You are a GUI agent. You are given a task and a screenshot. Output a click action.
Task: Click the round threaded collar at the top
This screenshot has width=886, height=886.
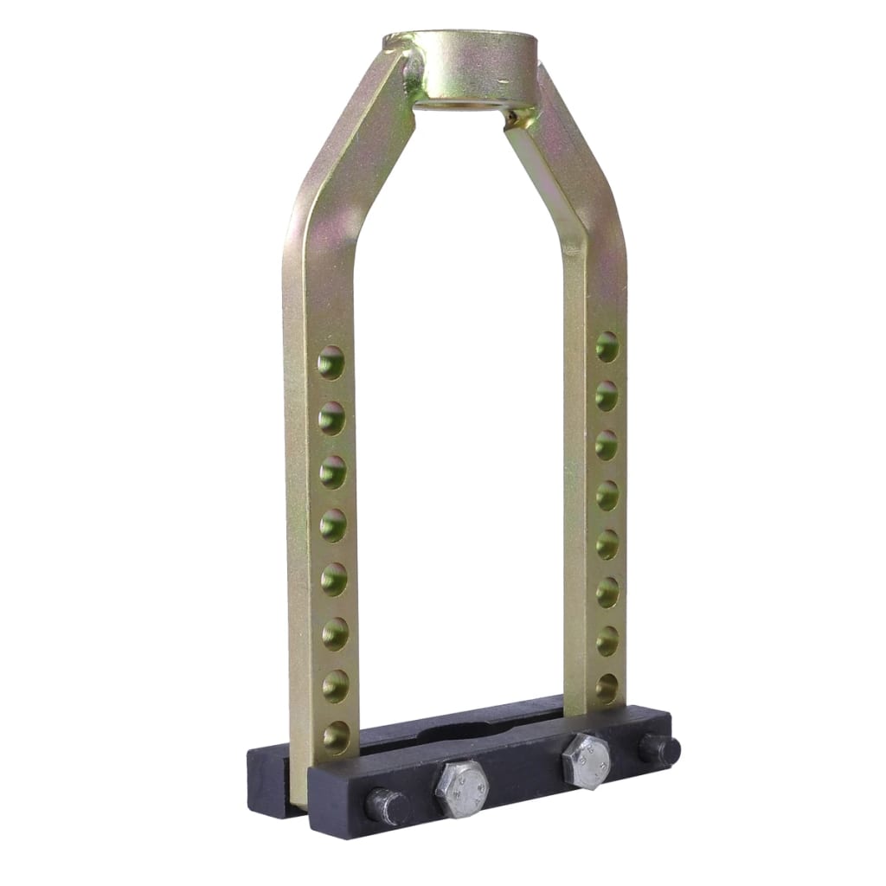point(463,65)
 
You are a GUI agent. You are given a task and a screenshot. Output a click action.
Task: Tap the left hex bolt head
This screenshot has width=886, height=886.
point(461,788)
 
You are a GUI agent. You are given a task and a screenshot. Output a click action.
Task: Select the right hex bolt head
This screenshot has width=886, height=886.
point(586,761)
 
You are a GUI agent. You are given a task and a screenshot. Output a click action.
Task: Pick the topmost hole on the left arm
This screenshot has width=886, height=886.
point(331,363)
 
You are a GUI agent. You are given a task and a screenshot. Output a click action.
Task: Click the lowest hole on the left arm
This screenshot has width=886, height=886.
point(336,737)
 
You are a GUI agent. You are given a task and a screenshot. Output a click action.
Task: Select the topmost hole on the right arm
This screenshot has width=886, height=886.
point(607,346)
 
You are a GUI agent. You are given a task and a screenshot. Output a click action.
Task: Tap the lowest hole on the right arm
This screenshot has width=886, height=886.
point(607,689)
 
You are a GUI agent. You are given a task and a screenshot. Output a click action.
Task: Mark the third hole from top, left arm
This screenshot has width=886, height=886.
point(332,472)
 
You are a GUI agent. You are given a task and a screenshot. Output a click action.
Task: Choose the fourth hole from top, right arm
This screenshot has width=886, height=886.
point(607,495)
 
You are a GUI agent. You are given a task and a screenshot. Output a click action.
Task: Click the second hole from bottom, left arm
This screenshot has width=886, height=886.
point(335,685)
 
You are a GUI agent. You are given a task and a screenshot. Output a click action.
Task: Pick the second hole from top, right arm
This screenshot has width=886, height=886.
point(607,395)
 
